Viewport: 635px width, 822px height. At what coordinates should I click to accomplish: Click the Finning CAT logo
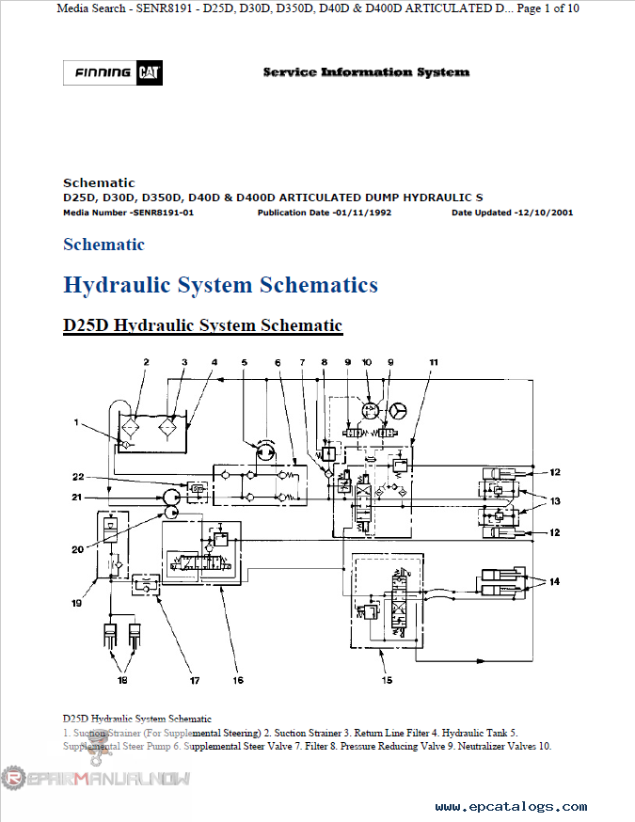tap(111, 72)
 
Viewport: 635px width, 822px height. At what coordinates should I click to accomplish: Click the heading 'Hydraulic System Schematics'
tap(220, 284)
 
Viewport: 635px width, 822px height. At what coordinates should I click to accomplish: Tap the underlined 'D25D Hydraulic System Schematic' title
tap(202, 325)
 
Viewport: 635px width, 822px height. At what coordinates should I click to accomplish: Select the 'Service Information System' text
tap(366, 71)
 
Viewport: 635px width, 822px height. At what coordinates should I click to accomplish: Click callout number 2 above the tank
tap(146, 362)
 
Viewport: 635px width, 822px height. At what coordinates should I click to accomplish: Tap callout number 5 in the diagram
tap(244, 362)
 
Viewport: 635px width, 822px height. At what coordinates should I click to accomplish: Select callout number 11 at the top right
tap(434, 362)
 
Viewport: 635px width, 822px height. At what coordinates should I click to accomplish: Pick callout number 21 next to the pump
tap(78, 496)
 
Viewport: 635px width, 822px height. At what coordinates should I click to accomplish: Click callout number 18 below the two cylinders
tap(122, 678)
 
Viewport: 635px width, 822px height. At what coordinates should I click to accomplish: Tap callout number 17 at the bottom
tap(195, 680)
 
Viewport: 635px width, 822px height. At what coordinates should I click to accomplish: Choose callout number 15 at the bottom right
tap(387, 680)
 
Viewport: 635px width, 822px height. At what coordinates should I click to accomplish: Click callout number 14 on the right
tap(555, 582)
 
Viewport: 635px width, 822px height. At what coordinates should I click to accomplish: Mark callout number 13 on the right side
tap(555, 500)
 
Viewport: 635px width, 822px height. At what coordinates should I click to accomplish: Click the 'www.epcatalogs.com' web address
tap(511, 807)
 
